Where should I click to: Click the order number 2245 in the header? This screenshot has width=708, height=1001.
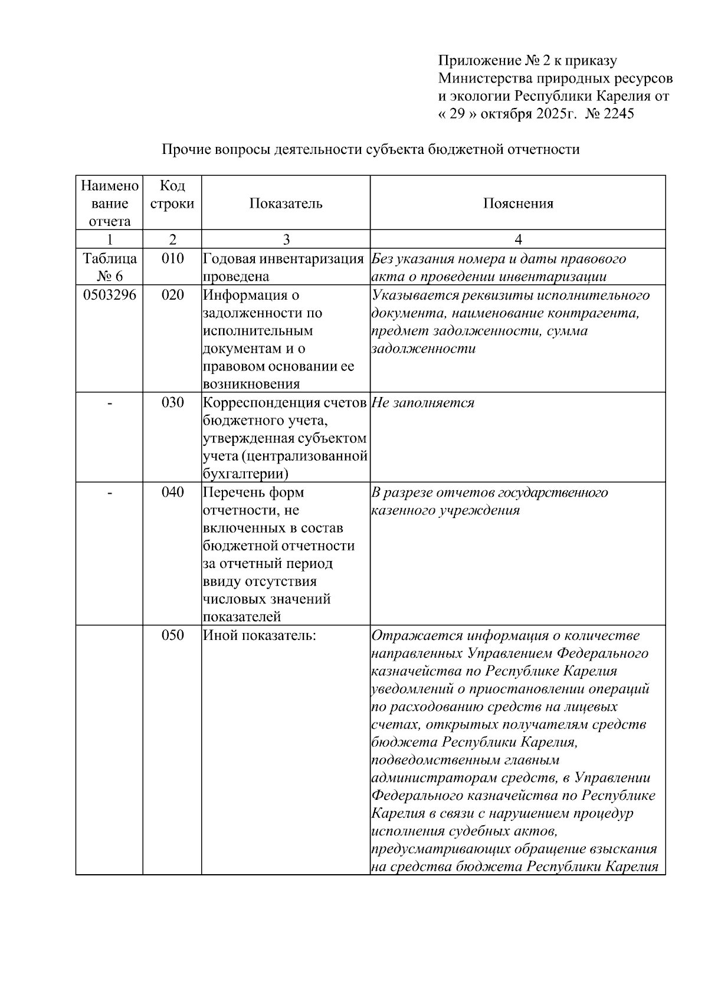click(x=617, y=114)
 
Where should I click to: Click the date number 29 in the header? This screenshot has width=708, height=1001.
click(x=458, y=114)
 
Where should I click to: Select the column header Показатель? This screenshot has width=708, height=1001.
click(x=286, y=204)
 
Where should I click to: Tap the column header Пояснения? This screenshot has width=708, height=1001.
click(x=518, y=204)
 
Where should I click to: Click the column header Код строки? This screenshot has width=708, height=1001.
click(x=172, y=195)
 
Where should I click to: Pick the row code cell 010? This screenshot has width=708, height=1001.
click(x=172, y=258)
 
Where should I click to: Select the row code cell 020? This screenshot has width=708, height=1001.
click(x=172, y=295)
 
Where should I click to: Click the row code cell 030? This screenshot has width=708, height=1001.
click(x=172, y=402)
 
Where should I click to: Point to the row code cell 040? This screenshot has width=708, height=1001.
click(x=172, y=492)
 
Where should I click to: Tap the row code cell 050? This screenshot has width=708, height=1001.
click(x=172, y=635)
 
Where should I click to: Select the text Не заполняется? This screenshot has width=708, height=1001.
click(x=423, y=402)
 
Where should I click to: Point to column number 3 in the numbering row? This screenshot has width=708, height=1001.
click(x=286, y=239)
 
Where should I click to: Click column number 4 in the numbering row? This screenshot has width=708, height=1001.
click(x=518, y=239)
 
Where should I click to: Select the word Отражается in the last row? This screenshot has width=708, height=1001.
click(x=417, y=635)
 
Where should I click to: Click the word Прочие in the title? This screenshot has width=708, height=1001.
click(x=182, y=149)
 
